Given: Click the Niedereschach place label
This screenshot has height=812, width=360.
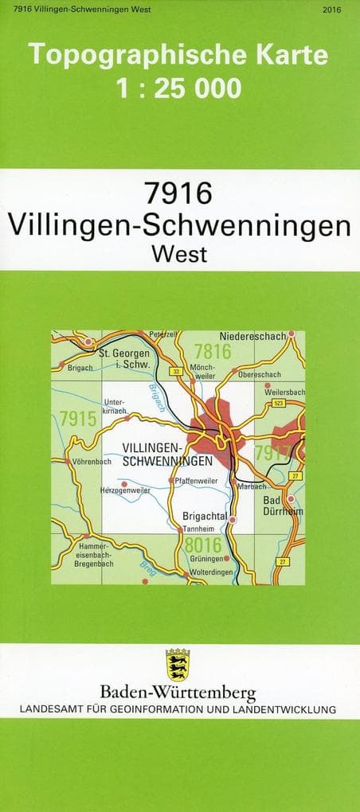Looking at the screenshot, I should coord(252,337).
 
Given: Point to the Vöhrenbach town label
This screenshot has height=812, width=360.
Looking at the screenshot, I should coord(92,462).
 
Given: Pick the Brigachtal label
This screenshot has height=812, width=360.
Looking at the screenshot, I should coord(206,516).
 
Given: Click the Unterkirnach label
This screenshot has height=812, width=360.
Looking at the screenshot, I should coord(115,407).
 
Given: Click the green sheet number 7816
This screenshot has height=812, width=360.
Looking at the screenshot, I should coord(212,351).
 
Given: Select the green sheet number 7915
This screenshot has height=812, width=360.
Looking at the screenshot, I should coord(77,420).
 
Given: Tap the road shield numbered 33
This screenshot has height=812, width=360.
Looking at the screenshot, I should coord(177,371).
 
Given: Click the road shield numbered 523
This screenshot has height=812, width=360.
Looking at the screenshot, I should coord(278,404).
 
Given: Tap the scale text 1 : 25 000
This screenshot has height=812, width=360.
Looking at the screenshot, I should coord(178,88).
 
